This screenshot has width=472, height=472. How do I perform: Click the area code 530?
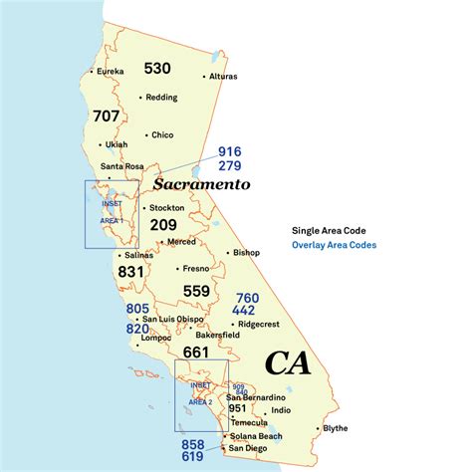[x=157, y=68]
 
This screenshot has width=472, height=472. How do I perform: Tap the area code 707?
[x=106, y=116]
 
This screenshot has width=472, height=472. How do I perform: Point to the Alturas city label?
[x=223, y=76]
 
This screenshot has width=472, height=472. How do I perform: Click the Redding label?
[x=162, y=98]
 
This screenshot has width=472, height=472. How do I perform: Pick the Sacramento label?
[x=201, y=184]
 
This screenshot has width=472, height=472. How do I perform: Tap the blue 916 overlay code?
[x=230, y=151]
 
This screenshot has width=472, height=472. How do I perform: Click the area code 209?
[x=163, y=225]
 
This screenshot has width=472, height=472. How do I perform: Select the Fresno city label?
[x=195, y=268]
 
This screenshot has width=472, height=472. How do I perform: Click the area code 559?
[x=197, y=291]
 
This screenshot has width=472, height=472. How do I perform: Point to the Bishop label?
[x=245, y=253]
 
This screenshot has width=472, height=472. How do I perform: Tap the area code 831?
[x=131, y=271]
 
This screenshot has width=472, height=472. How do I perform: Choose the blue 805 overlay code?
[x=137, y=309]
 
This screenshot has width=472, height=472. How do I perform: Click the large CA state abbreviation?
[x=287, y=363]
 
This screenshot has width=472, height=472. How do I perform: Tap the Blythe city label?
[x=336, y=429]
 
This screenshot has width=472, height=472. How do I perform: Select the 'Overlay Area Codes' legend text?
[x=335, y=245]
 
